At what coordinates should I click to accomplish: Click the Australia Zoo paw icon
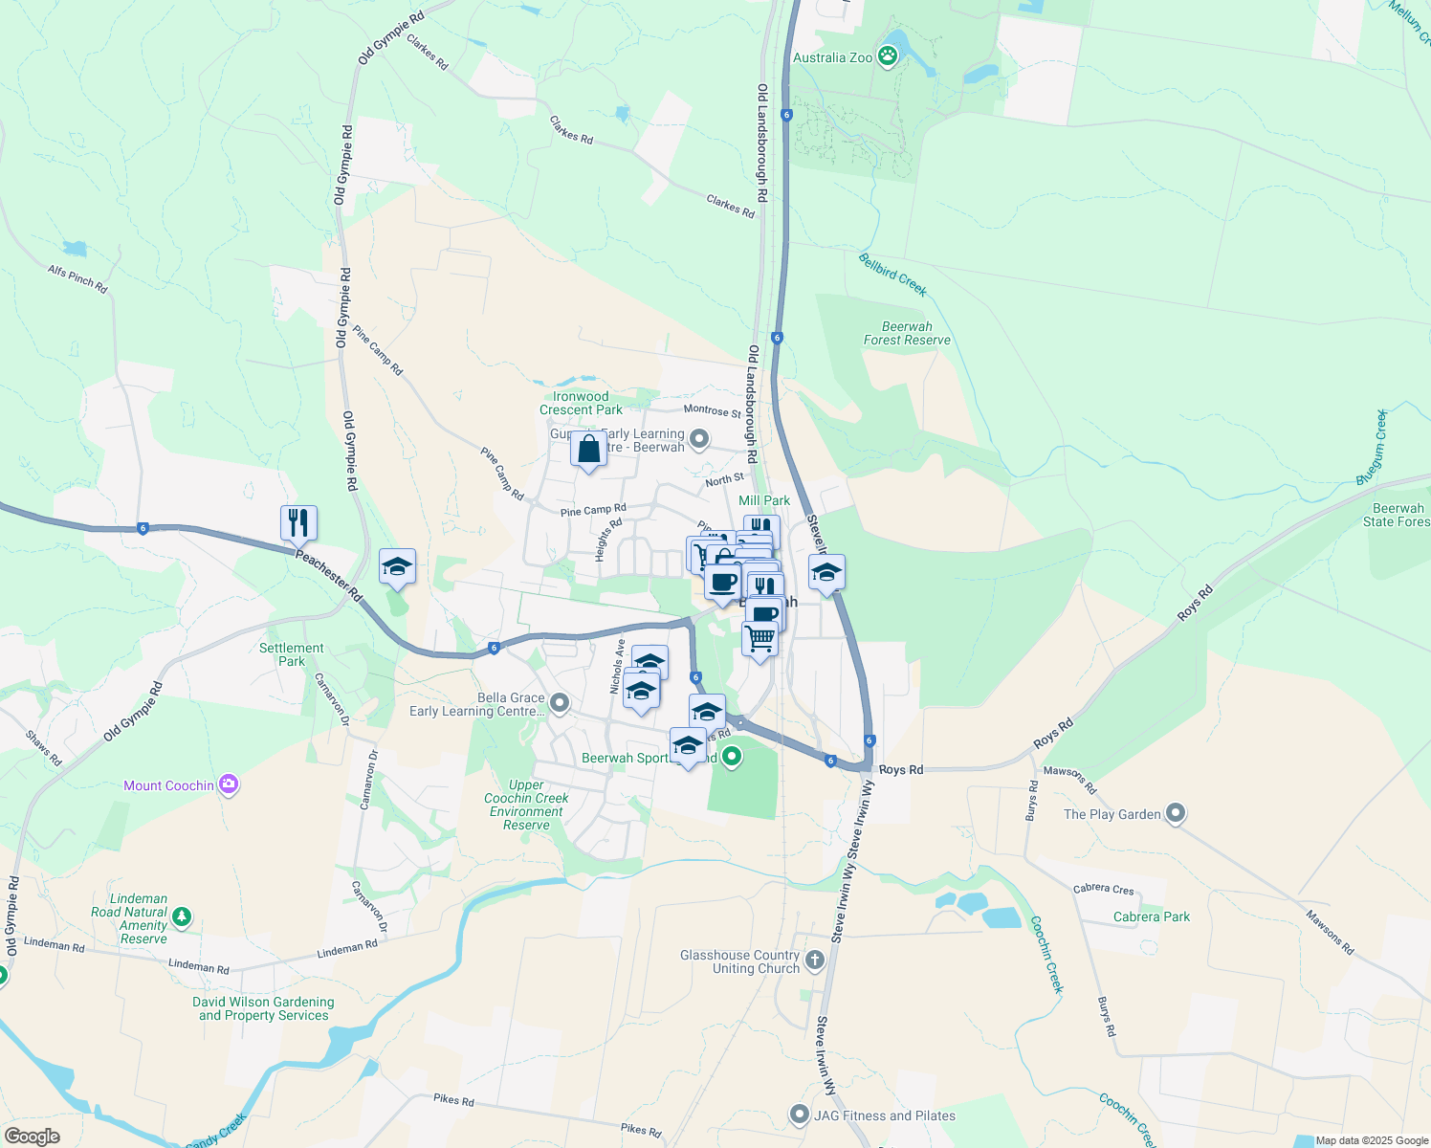[889, 56]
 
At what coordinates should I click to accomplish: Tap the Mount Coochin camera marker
[228, 785]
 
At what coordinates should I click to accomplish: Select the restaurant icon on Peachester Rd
[298, 522]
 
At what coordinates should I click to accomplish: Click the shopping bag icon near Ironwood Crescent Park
[588, 449]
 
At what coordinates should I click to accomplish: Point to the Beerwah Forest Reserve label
[907, 333]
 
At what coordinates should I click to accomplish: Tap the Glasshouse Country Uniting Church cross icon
[815, 960]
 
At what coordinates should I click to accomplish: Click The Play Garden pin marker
[1176, 814]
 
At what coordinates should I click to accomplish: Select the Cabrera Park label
[1152, 916]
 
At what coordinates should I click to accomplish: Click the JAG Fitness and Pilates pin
[799, 1115]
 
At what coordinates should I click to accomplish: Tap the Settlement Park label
[292, 654]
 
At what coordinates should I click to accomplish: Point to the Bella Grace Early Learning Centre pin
[560, 704]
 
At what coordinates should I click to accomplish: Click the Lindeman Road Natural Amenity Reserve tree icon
[181, 917]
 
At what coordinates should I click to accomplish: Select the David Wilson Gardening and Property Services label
[263, 1008]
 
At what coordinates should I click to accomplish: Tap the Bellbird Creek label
[892, 275]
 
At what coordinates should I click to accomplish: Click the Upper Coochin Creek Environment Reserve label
[526, 805]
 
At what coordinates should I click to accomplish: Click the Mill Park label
[764, 500]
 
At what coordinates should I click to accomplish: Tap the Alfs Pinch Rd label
[77, 278]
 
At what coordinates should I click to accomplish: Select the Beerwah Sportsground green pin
[732, 758]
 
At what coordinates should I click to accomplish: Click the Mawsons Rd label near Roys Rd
[1069, 778]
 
